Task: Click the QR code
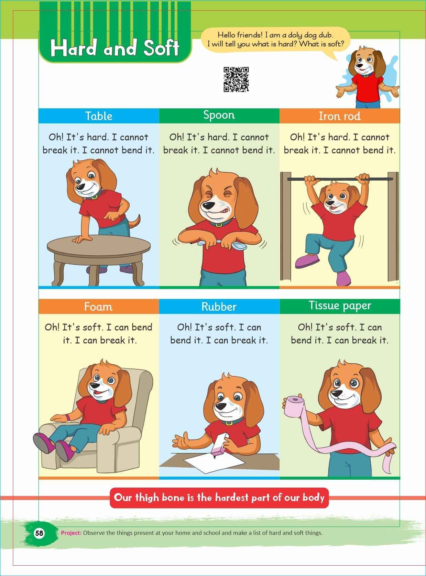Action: (236, 79)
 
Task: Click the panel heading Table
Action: (99, 116)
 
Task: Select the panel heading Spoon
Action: (219, 115)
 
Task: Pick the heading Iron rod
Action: (340, 116)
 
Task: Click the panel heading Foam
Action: (98, 307)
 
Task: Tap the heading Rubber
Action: (219, 307)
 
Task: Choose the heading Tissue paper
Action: (340, 306)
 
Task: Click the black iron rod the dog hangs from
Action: (340, 179)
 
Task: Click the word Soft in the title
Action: (161, 48)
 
